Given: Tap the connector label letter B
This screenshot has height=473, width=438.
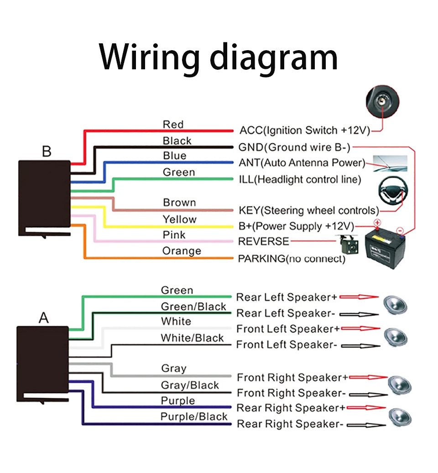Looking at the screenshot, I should (x=47, y=151).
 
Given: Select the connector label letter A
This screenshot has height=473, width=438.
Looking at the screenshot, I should (x=44, y=317).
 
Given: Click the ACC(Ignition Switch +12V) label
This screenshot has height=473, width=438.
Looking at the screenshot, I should (x=304, y=130).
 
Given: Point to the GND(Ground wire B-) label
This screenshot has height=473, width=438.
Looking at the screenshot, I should (x=295, y=147).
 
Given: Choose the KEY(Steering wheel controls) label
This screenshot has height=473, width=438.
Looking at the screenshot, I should (x=309, y=210).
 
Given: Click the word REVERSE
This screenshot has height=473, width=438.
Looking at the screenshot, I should (x=264, y=241).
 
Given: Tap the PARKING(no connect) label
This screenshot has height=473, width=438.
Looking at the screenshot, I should (x=292, y=259).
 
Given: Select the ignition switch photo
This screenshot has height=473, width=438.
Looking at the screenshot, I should (x=382, y=102).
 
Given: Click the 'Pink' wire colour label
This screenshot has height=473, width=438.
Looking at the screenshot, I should (x=174, y=235).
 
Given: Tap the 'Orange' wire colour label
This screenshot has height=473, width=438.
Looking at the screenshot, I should (x=182, y=251).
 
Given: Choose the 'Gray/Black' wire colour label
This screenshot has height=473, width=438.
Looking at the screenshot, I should (x=190, y=385).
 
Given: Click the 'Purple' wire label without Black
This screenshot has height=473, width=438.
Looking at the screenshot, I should (x=177, y=401).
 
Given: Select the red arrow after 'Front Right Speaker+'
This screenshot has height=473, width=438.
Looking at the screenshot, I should (x=367, y=377).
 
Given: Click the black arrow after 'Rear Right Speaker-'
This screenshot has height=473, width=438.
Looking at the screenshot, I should (x=363, y=425).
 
